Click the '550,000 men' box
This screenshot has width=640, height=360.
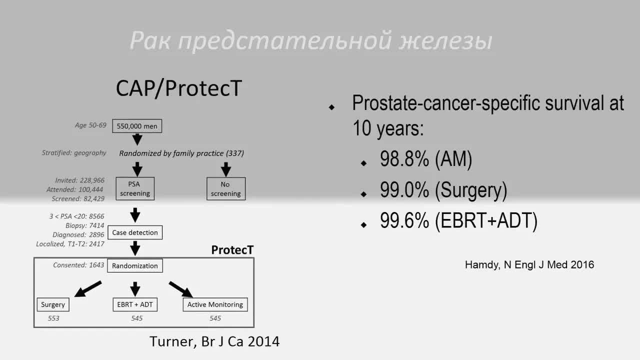137,126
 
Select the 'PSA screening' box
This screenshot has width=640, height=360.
135,188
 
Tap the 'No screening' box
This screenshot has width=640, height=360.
226,188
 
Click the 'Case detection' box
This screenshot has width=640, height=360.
135,232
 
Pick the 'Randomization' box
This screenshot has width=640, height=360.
135,265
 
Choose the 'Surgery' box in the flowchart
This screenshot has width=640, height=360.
53,304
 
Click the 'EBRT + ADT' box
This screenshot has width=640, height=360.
134,304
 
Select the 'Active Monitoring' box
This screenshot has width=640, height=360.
215,304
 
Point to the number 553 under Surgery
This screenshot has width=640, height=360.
53,318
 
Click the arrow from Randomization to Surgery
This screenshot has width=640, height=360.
88,289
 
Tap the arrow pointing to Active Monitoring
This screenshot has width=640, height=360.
181,289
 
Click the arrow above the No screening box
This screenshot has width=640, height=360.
226,169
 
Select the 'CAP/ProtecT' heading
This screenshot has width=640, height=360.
179,88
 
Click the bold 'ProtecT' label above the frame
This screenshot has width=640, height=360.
232,249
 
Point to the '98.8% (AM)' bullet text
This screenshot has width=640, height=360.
425,159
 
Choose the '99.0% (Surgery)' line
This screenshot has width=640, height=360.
443,190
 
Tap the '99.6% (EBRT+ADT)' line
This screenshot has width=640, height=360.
458,221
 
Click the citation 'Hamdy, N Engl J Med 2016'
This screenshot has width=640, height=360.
529,265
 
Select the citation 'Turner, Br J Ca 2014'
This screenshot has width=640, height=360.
214,341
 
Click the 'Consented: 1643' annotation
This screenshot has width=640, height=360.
77,265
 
